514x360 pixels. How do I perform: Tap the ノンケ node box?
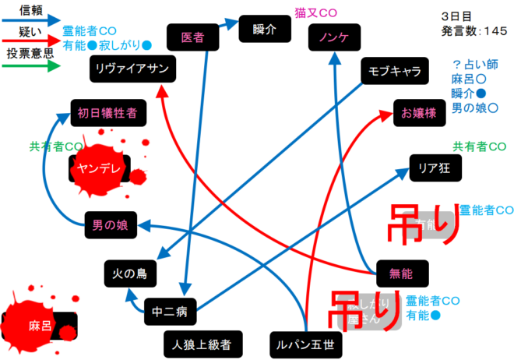333,37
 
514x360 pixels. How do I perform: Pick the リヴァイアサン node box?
133,68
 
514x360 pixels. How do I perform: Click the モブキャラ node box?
394,72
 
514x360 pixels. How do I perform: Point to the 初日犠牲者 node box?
107,113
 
